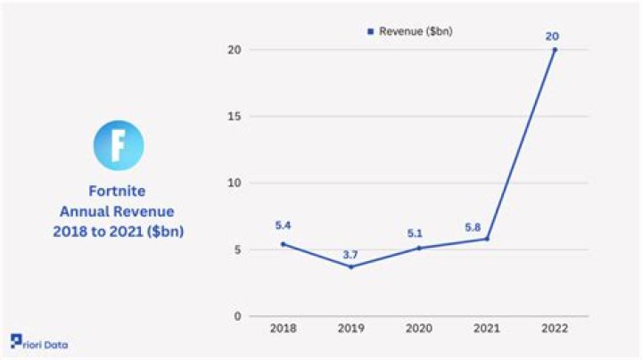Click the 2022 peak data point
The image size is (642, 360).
(x=555, y=50)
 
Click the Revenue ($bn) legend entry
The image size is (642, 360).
(x=412, y=31)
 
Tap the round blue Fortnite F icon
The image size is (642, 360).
(x=118, y=145)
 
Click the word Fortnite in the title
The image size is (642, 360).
(x=118, y=191)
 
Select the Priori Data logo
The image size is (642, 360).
(x=39, y=343)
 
